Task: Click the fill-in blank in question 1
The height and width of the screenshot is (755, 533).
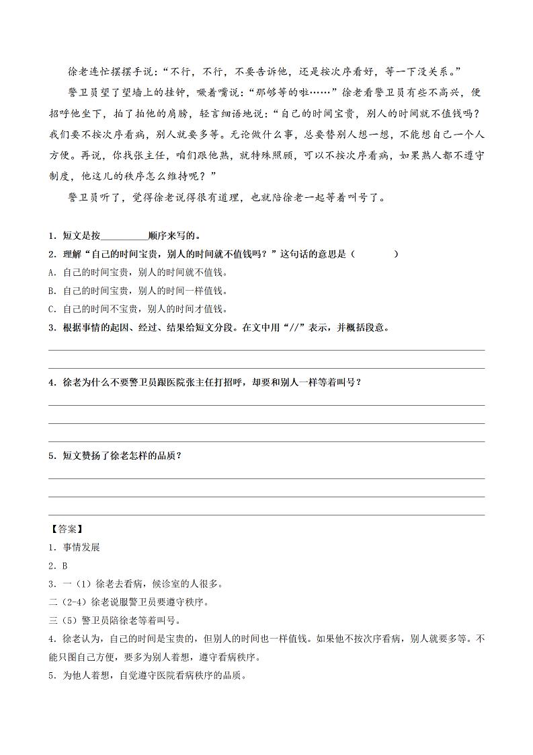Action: pyautogui.click(x=124, y=236)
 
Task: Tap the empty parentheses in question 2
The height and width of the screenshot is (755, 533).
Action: pyautogui.click(x=374, y=254)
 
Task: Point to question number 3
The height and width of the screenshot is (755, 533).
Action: pyautogui.click(x=52, y=328)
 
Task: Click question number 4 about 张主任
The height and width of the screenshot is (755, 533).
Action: pyautogui.click(x=52, y=382)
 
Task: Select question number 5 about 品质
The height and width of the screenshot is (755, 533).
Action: pyautogui.click(x=52, y=456)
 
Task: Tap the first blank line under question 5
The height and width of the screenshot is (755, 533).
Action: pyautogui.click(x=266, y=478)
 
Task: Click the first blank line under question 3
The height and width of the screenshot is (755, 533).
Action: pyautogui.click(x=266, y=350)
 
